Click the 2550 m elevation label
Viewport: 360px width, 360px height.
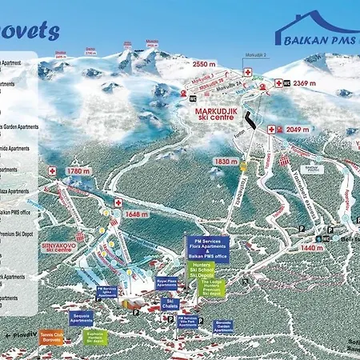(205, 63)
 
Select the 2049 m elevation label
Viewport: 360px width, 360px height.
(298, 129)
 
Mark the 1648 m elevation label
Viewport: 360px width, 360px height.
(138, 214)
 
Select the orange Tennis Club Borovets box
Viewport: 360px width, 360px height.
(50, 336)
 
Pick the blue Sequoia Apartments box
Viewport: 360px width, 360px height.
(82, 318)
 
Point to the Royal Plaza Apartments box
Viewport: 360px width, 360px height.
(166, 283)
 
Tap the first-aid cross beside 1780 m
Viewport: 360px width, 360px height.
(53, 170)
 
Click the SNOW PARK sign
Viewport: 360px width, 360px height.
(310, 170)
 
